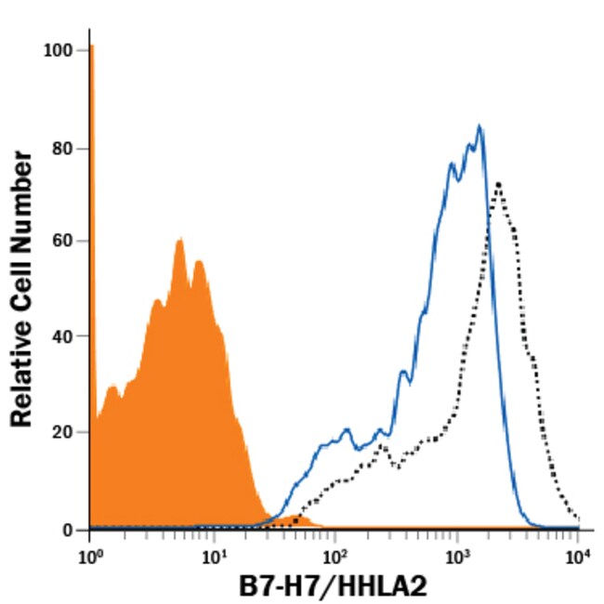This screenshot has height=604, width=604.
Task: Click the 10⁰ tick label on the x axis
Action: (89, 556)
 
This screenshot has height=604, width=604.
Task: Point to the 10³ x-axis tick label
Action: (456, 556)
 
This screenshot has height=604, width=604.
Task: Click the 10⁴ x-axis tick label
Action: (578, 556)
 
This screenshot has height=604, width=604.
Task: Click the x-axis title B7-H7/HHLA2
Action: (335, 587)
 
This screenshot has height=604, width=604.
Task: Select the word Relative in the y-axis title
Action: (22, 372)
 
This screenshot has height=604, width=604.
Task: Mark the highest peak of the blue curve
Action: (479, 125)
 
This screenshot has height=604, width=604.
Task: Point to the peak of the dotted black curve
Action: (499, 183)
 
